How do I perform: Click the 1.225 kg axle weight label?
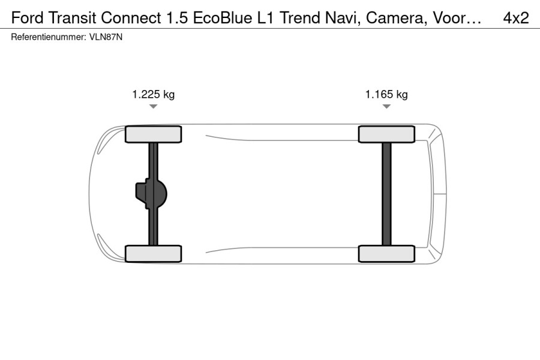point(153,94)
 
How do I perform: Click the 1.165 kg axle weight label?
point(386,94)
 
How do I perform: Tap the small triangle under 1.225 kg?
point(153,106)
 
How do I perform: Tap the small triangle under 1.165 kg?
point(386,106)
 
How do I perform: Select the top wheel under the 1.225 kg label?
point(153,134)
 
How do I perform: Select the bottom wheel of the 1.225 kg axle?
point(153,254)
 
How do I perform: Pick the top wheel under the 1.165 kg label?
point(386,134)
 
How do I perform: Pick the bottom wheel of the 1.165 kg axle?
point(386,254)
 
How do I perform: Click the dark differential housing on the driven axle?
point(151,194)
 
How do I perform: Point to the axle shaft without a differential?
point(387,194)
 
